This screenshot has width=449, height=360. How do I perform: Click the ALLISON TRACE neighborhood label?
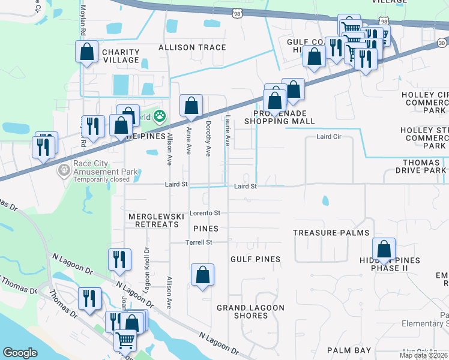pos(192,47)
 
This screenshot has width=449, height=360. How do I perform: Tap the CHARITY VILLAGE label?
pos(121,56)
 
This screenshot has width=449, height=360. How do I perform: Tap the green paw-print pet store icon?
pos(159,115)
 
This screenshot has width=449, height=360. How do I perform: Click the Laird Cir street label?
pos(329,137)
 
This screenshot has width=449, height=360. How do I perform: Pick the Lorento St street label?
pos(205,213)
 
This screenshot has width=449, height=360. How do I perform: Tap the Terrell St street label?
pos(199,242)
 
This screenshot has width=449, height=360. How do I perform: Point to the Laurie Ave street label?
pos(228,131)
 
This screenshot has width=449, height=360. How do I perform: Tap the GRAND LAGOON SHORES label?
pos(250,312)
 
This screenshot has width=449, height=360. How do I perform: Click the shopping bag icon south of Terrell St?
pos(203,275)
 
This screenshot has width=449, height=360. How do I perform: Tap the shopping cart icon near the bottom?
pos(125,340)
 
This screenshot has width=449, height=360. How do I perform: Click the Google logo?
pos(20,353)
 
